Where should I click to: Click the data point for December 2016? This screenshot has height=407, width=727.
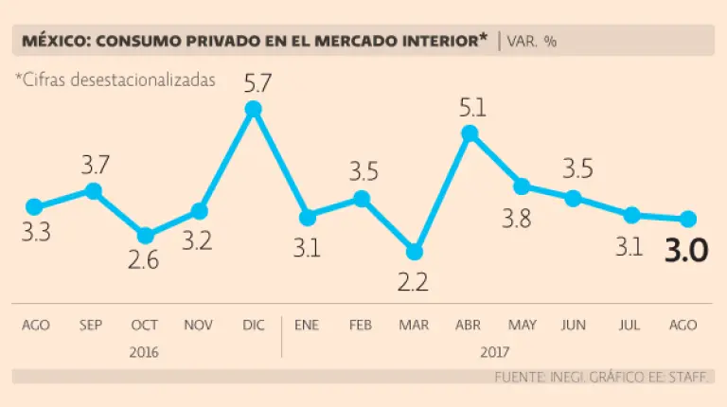click(253, 110)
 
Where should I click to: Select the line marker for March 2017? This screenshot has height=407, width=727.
click(414, 252)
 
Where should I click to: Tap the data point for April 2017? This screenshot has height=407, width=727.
click(468, 133)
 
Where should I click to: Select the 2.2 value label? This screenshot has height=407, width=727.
click(414, 281)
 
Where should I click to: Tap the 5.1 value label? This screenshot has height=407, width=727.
click(471, 107)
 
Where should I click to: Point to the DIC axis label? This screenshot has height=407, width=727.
click(253, 325)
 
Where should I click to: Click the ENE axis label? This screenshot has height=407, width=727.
click(307, 325)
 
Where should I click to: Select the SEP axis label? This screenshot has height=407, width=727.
click(91, 325)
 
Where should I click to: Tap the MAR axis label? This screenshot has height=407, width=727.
click(414, 325)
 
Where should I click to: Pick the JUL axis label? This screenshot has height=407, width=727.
click(628, 325)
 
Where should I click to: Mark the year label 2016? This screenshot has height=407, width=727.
click(145, 349)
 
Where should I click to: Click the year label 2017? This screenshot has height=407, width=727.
click(495, 349)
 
